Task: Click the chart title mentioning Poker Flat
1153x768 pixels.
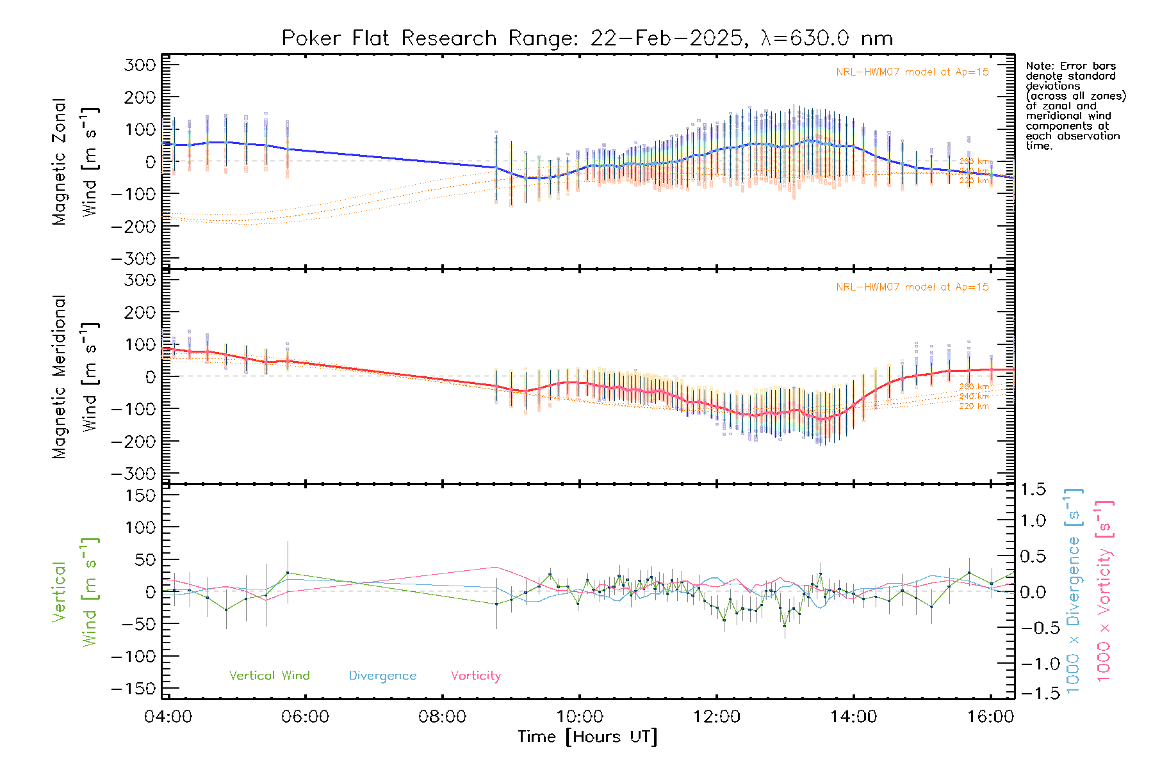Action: point(587,38)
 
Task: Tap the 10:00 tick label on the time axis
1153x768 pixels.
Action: point(580,716)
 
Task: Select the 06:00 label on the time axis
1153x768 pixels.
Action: point(306,716)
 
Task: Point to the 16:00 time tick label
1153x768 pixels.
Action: point(990,716)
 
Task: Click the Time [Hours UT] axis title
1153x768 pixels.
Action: point(587,737)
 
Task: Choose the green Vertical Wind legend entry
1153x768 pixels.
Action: point(269,675)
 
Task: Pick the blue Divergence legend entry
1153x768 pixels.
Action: point(382,675)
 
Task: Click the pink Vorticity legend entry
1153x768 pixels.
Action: point(475,675)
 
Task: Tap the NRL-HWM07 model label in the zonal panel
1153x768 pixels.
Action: point(912,72)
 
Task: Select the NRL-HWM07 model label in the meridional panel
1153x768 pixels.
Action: point(912,287)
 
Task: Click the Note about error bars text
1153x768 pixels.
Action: point(1075,106)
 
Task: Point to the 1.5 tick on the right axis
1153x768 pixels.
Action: point(1033,490)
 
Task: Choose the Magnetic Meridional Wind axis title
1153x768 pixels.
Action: point(75,377)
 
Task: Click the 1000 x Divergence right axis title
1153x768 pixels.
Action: point(1074,590)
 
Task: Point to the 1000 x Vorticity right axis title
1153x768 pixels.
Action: point(1104,590)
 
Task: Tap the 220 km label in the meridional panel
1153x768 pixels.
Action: point(974,406)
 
